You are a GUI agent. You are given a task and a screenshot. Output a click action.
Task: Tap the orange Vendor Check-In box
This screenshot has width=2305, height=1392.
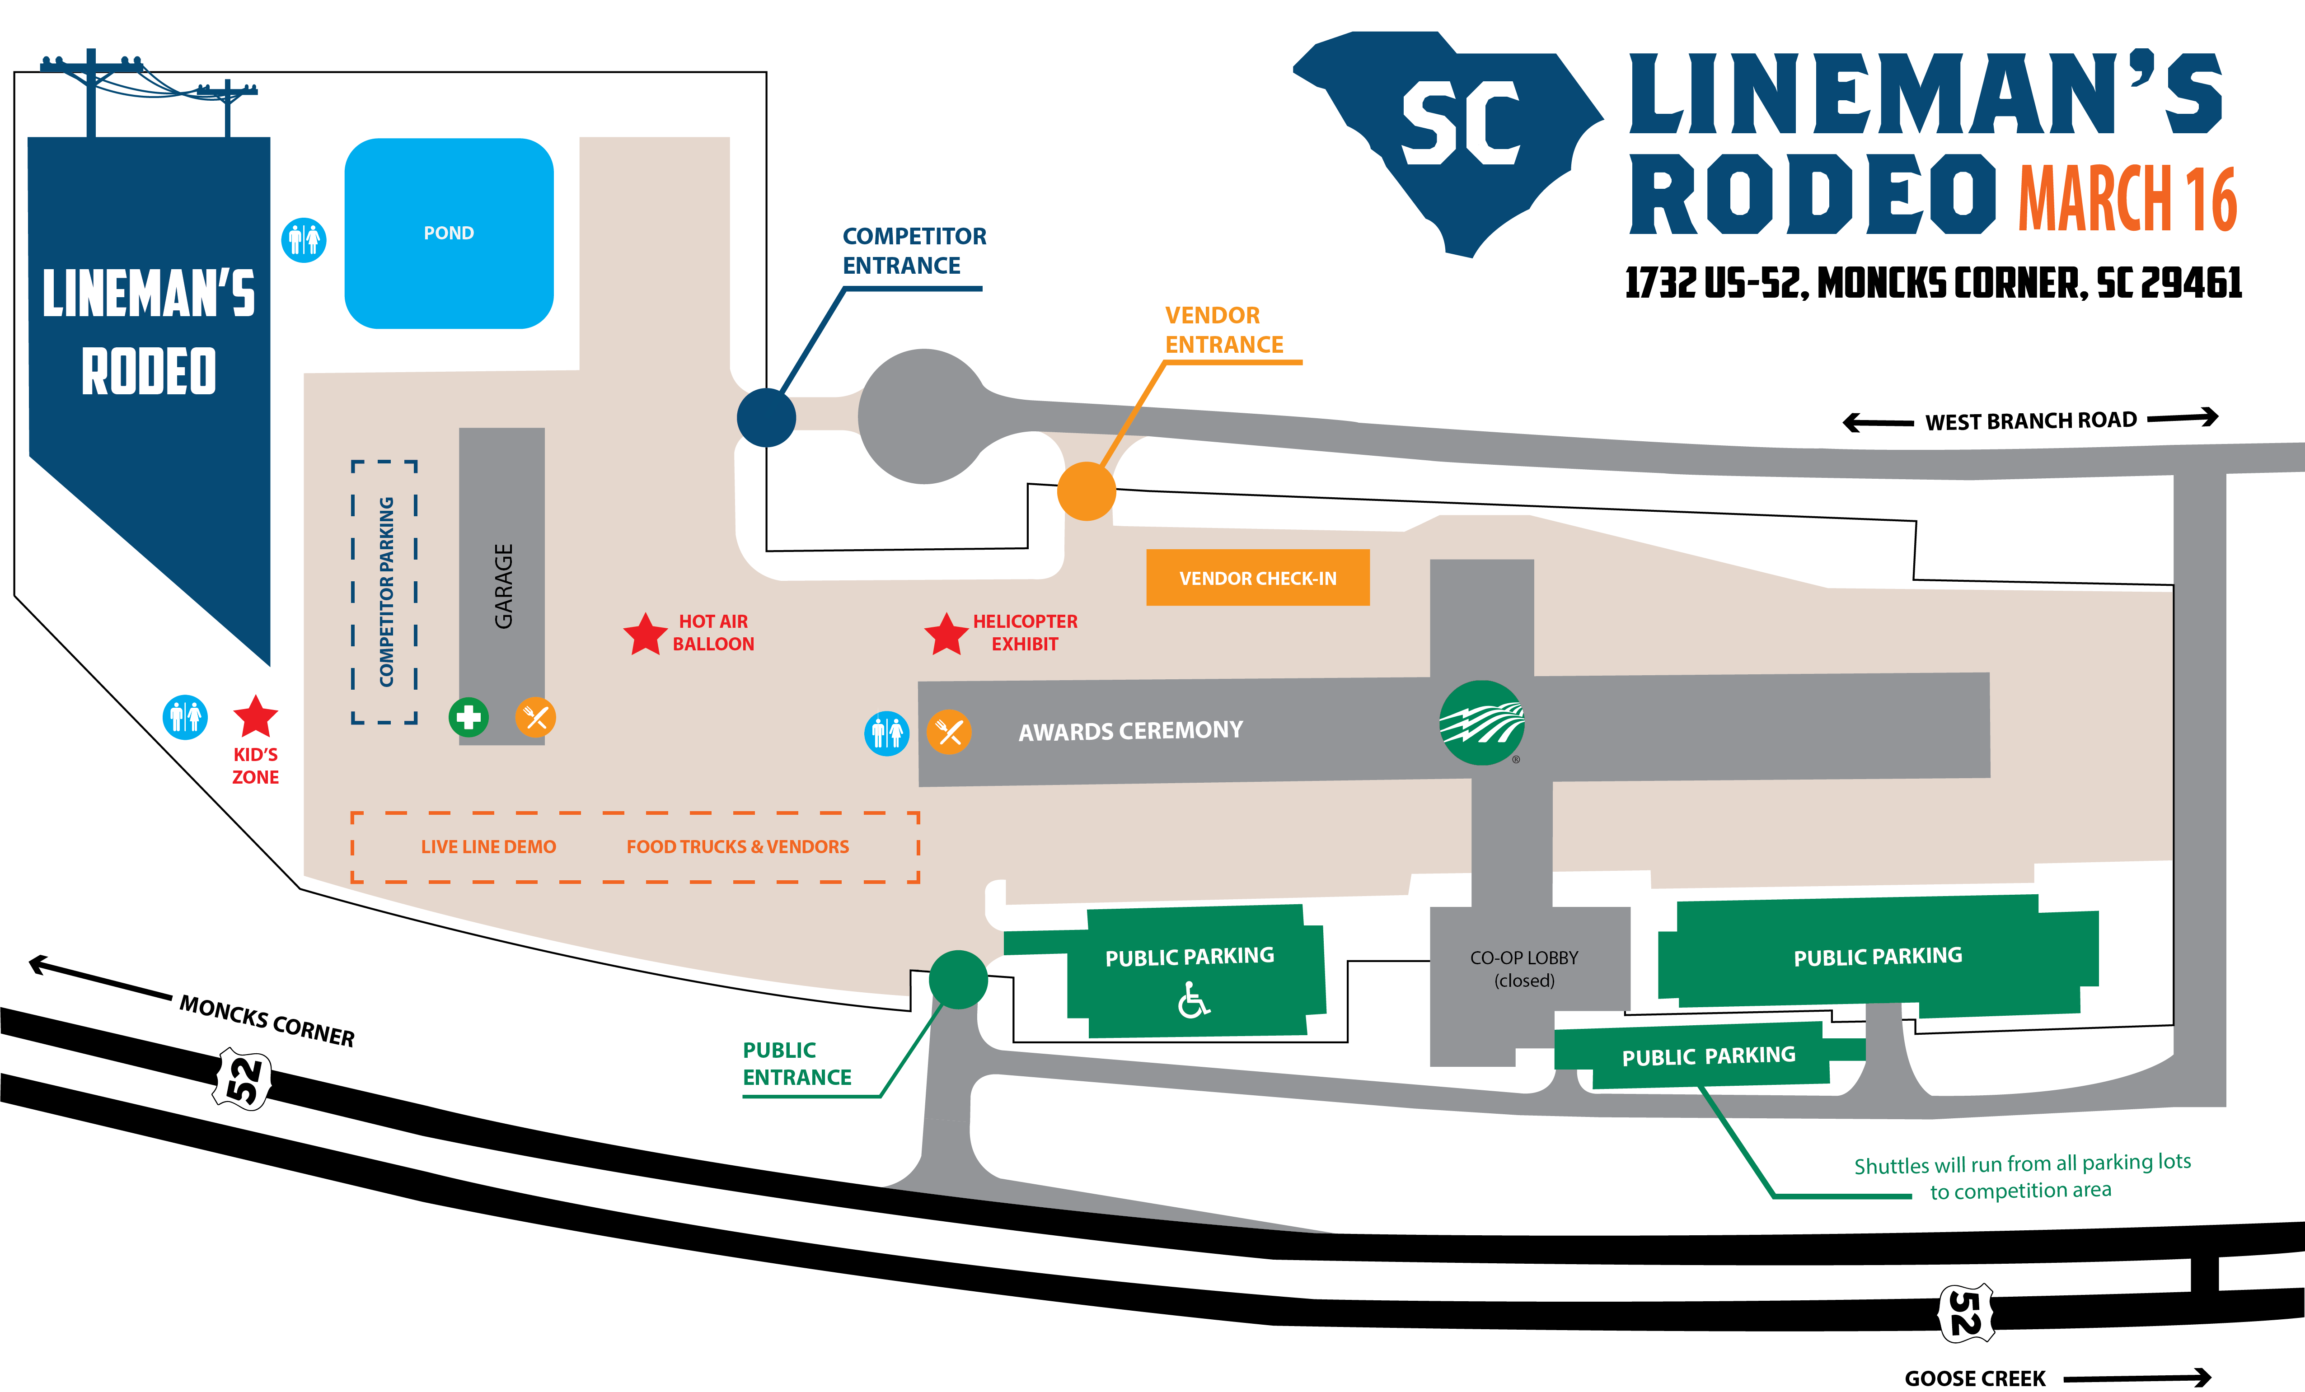pyautogui.click(x=1257, y=577)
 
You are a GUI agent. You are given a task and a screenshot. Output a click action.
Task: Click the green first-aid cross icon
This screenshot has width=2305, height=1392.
pyautogui.click(x=468, y=718)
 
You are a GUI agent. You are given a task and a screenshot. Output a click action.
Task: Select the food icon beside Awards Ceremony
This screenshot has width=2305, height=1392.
pyautogui.click(x=949, y=732)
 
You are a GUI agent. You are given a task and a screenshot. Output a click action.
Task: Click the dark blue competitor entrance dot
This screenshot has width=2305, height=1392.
pyautogui.click(x=766, y=417)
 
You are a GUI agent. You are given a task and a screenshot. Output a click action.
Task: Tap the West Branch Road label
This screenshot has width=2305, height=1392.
pyautogui.click(x=2030, y=421)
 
